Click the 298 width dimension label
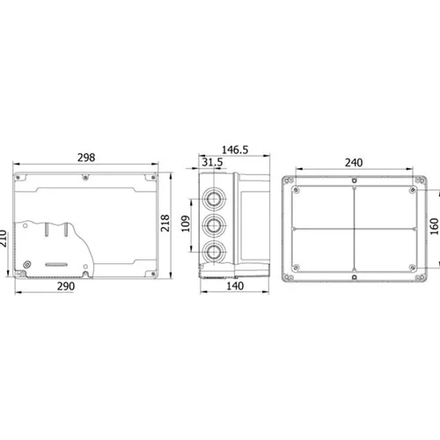86,158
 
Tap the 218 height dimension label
165,224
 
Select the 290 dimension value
66,286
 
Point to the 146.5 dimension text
235,150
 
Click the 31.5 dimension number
212,162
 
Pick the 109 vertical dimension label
186,224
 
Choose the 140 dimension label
235,286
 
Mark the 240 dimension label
354,163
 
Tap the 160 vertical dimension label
434,226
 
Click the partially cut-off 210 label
3,238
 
